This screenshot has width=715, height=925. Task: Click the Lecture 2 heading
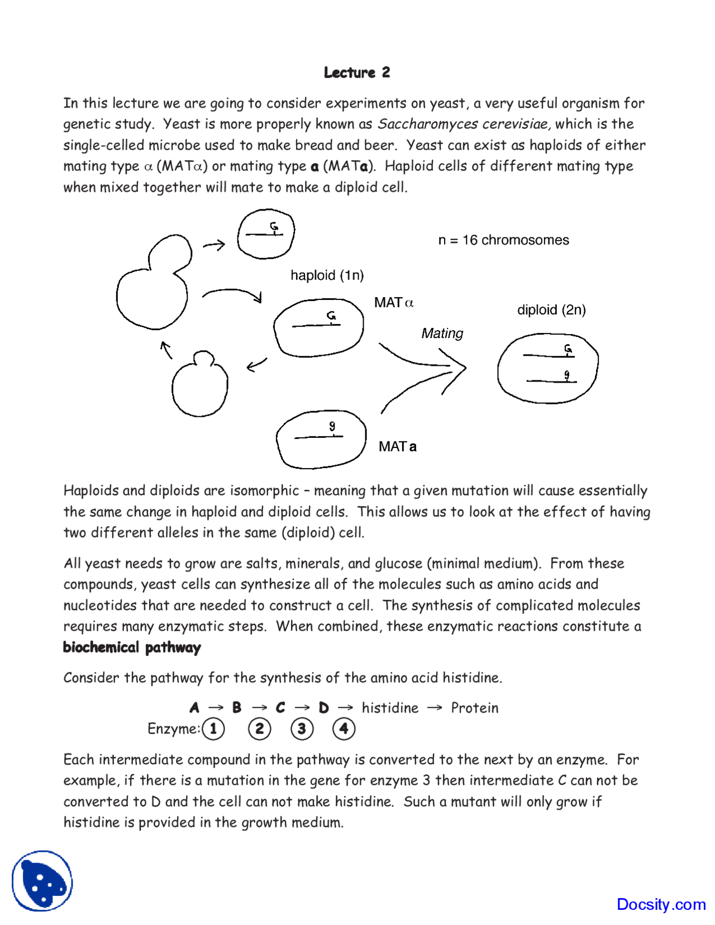356,72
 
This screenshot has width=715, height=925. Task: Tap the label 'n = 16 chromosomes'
503,240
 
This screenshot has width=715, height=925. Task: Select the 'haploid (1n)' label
327,275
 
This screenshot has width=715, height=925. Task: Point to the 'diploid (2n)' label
551,310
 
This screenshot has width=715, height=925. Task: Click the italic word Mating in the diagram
442,333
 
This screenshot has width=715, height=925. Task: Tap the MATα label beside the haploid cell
394,303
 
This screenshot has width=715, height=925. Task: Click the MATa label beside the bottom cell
397,447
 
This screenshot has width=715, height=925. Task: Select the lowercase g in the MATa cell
332,426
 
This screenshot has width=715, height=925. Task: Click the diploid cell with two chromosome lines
547,368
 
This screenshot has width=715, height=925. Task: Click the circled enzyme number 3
302,729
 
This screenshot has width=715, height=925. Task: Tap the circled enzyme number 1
213,729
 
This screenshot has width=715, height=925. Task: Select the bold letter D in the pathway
323,708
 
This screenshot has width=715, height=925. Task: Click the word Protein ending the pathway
474,708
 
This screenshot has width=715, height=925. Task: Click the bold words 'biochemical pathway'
132,647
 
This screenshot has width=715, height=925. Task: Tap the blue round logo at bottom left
42,881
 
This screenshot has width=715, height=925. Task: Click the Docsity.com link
661,904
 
